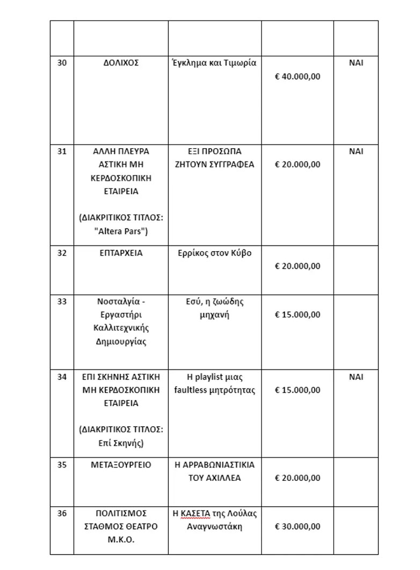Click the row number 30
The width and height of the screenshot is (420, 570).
[62, 63]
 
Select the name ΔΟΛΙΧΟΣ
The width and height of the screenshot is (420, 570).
[121, 63]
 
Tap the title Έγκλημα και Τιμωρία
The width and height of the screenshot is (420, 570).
[214, 63]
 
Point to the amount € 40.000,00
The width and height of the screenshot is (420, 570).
[298, 76]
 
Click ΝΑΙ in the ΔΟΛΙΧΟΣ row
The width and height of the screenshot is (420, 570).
[356, 63]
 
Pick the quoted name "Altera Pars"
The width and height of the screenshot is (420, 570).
[121, 231]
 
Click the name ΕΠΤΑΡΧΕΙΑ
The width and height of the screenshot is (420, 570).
[121, 253]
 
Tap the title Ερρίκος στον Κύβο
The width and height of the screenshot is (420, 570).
[214, 253]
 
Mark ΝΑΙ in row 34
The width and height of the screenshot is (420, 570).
[356, 377]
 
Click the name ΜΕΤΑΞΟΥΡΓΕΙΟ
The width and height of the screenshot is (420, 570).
[121, 465]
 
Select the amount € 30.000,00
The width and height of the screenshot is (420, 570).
[298, 527]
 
